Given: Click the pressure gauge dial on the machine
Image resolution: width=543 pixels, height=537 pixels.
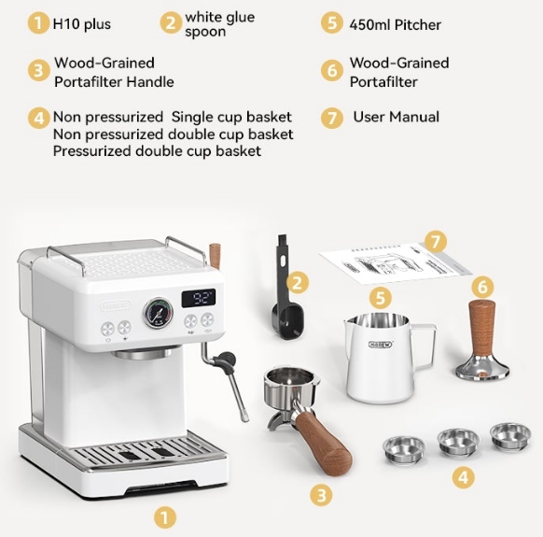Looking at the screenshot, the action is pos(158,313).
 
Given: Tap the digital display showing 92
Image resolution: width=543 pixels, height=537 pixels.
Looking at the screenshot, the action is pos(199,298).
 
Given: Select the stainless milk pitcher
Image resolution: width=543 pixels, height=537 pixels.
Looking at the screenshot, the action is pos(388,358).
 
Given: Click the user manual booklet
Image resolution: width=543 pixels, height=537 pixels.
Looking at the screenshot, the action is pos(395,262).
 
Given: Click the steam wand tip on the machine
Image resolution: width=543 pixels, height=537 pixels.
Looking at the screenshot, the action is pos(245,416).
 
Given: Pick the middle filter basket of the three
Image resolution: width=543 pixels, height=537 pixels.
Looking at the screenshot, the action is pos(458,443).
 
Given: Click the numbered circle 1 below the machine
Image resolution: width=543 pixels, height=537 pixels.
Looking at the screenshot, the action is pos(165,518).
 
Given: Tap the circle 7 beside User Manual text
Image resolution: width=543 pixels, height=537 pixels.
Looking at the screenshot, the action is pos(332,119).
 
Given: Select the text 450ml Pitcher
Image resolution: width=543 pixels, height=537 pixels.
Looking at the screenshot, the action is pos(396,25).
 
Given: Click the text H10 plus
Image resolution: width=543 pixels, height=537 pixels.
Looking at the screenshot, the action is pos(82,24).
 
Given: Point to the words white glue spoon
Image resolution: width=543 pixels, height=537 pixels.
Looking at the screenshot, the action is pos(219,24).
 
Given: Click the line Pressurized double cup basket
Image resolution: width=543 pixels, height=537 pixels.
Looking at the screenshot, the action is pos(157,151).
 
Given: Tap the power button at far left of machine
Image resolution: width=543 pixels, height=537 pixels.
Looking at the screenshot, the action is pos(107,329).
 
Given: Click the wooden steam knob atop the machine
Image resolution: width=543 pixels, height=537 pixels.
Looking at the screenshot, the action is pos(215,256).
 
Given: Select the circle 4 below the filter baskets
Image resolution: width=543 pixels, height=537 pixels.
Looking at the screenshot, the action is pos(464,477).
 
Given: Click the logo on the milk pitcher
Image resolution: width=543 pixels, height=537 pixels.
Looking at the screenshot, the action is pos(381,345).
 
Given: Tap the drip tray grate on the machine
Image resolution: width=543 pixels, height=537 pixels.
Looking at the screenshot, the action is pos(146,451).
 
